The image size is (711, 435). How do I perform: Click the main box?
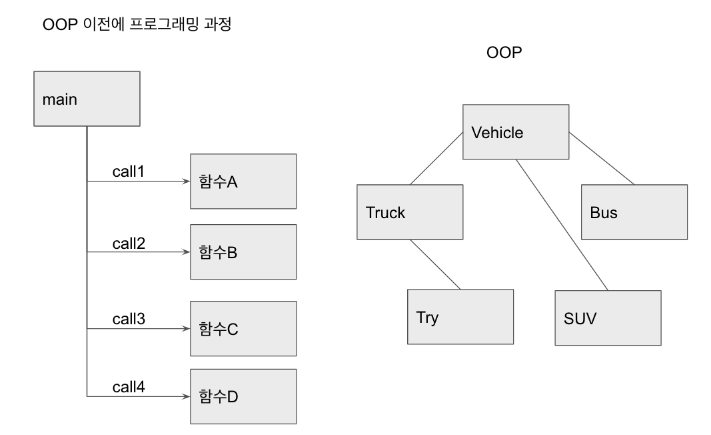click(x=87, y=99)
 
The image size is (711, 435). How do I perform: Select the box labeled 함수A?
click(x=243, y=181)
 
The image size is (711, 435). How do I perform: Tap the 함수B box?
click(x=243, y=252)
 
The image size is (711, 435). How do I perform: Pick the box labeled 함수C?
click(x=243, y=328)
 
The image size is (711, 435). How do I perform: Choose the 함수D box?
click(x=243, y=396)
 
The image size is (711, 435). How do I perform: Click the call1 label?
click(x=129, y=171)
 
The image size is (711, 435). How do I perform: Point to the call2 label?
click(x=129, y=244)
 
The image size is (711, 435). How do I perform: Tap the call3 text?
click(x=129, y=319)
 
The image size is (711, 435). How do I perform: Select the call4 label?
click(x=129, y=387)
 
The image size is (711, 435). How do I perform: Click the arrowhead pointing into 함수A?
click(x=186, y=181)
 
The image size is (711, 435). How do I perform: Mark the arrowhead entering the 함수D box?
click(x=186, y=396)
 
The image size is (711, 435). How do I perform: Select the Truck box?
click(x=410, y=213)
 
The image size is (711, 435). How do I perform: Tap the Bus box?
click(x=634, y=213)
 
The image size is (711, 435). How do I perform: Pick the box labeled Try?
click(x=460, y=317)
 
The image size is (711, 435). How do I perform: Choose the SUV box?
click(x=608, y=318)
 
